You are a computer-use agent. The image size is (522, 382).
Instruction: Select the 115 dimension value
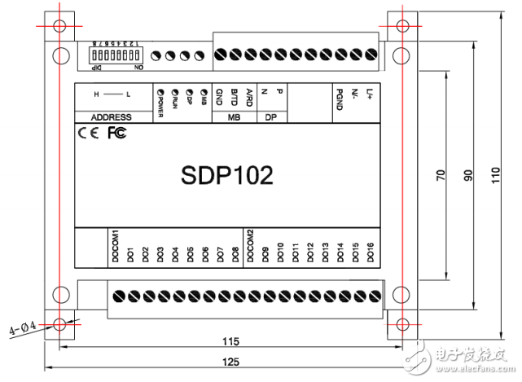(231, 340)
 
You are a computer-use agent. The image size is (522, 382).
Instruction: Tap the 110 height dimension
(497, 175)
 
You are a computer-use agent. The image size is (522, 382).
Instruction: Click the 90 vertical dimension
(468, 175)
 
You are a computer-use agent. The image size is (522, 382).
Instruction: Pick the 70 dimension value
(440, 175)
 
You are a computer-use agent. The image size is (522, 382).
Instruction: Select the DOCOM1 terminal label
(115, 245)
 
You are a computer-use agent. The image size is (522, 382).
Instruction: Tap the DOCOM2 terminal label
(250, 245)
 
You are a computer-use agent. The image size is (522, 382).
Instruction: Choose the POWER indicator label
(160, 103)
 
